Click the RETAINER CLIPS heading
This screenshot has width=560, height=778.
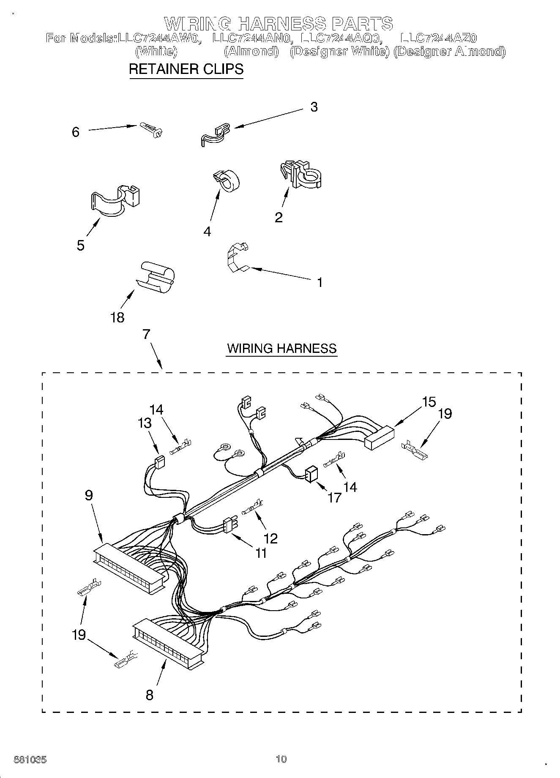(x=186, y=69)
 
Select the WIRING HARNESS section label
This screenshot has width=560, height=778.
(x=281, y=348)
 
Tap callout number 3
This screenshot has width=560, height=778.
(x=314, y=107)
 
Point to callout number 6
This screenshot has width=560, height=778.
(x=76, y=132)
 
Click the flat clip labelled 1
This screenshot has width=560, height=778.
(x=237, y=258)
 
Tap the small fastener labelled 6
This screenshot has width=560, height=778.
(x=151, y=129)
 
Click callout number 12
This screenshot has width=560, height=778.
(x=270, y=538)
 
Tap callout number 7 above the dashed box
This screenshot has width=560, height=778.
(x=146, y=334)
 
